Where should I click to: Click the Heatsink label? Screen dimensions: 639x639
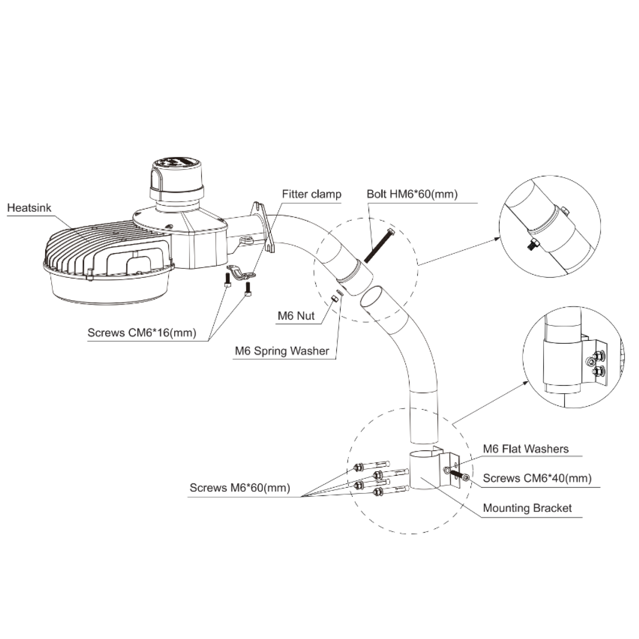29,208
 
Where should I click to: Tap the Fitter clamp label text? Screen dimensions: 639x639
311,194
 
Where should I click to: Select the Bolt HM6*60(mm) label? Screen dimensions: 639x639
412,194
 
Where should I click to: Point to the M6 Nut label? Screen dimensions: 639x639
296,316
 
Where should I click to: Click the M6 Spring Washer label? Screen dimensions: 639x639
282,351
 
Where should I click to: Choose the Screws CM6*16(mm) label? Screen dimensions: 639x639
142,332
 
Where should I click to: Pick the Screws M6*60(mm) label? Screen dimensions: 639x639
240,487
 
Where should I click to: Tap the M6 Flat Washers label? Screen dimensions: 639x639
525,449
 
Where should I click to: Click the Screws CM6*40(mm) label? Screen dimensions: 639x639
537,478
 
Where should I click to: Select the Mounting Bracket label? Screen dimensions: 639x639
527,508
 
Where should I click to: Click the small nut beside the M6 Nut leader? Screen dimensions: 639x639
334,299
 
